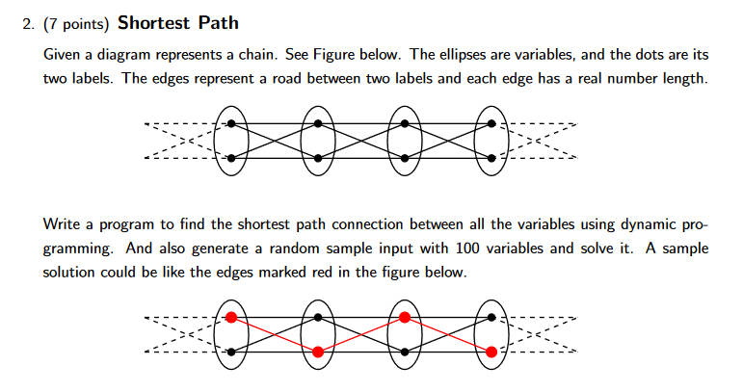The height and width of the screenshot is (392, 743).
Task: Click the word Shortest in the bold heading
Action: pos(153,22)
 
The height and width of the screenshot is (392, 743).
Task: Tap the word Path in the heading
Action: pos(216,22)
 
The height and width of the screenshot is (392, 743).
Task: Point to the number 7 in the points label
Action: pos(50,23)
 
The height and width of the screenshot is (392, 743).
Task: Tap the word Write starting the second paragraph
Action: pos(63,224)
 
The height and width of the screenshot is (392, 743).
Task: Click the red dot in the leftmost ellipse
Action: pos(230,317)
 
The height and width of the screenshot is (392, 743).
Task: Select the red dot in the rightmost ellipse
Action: pos(492,353)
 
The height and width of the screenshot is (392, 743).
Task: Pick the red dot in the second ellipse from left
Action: pos(318,353)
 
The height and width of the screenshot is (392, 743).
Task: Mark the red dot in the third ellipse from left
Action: pos(405,317)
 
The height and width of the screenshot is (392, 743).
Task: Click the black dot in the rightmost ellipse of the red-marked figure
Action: pos(492,317)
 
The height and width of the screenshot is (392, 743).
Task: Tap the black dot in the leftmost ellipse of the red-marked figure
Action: pos(230,353)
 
